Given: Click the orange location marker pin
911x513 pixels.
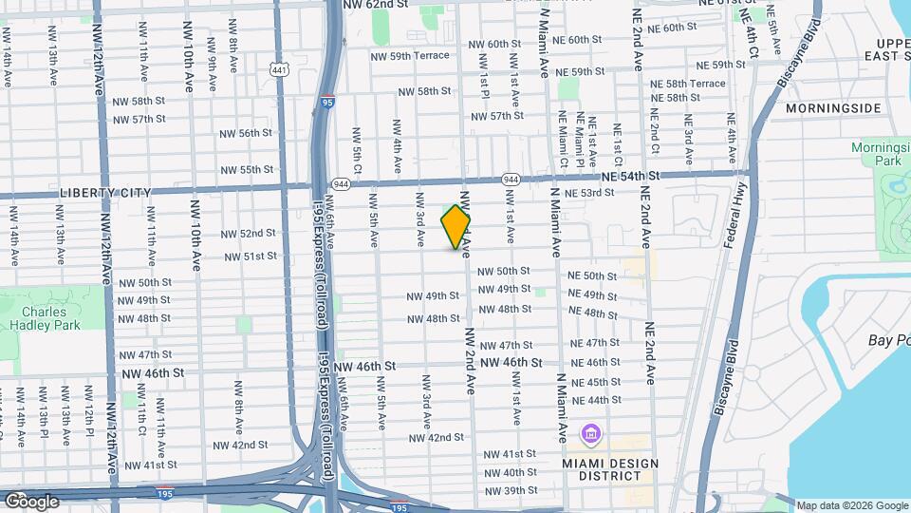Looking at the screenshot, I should click(455, 226).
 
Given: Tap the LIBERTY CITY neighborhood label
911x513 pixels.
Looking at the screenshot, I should click(105, 193).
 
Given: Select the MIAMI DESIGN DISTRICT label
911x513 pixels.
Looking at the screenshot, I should click(609, 469).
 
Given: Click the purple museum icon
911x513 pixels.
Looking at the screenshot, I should click(591, 435).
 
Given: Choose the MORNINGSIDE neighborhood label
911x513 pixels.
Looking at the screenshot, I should click(834, 108).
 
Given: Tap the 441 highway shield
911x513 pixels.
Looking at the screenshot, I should click(278, 69).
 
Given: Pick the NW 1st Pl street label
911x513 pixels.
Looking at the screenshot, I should click(485, 81).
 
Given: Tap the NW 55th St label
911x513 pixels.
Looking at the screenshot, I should click(247, 170).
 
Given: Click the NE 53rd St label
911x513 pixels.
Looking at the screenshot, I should click(589, 193).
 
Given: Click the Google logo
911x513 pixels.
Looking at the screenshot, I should click(31, 501).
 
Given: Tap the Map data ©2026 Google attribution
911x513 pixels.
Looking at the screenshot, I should click(851, 505).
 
